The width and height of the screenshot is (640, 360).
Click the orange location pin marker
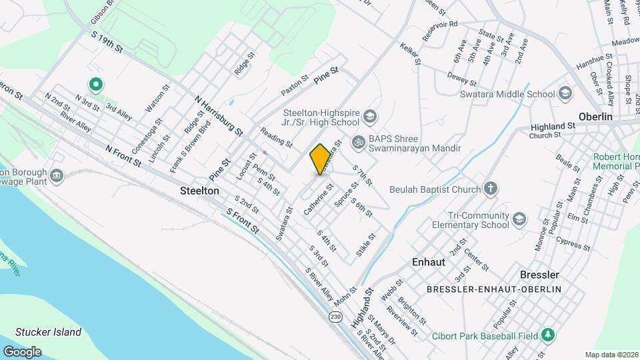tap(320, 159)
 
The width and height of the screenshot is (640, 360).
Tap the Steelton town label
tap(199, 191)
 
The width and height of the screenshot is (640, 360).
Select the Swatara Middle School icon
tap(566, 93)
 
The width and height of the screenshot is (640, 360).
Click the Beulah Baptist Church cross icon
tap(491, 189)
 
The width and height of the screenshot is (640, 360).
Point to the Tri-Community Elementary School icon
tap(519, 219)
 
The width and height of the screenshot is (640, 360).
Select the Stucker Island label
tap(48, 332)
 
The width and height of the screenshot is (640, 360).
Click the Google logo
tap(23, 351)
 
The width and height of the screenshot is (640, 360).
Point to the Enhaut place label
tap(429, 262)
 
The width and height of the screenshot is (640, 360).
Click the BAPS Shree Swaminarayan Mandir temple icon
tap(358, 141)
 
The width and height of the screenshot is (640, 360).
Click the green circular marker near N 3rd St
tap(95, 85)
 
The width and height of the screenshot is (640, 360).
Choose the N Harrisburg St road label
tap(217, 116)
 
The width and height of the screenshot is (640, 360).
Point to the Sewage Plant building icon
tap(57, 175)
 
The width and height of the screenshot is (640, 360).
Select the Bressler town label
tap(539, 275)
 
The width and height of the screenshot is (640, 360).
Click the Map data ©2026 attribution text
tap(611, 355)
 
